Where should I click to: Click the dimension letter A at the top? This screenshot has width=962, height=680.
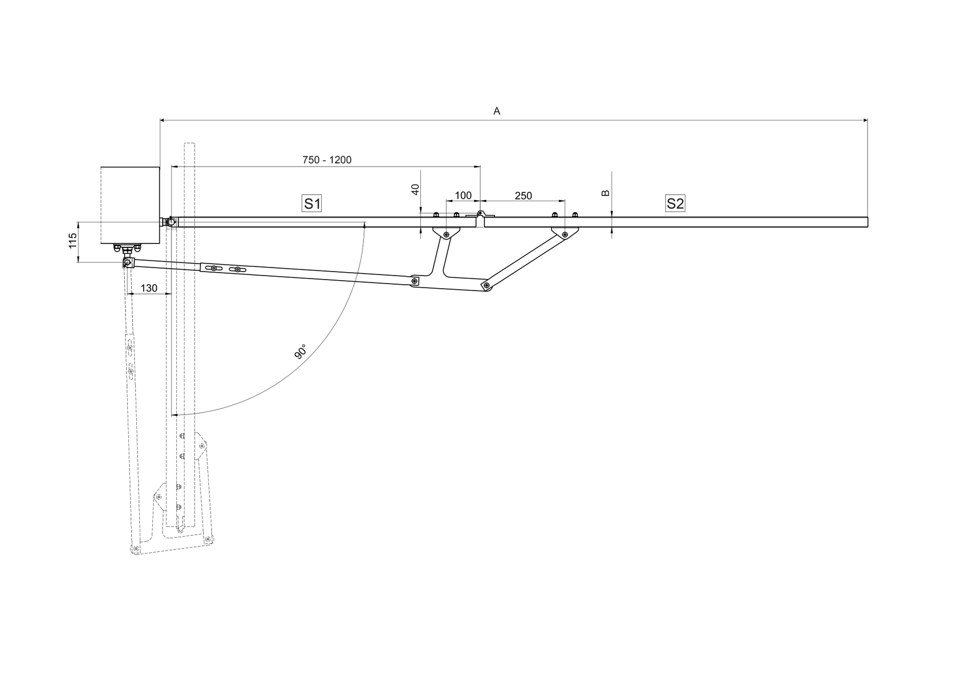point(496,111)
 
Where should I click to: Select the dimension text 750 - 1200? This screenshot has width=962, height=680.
point(327,160)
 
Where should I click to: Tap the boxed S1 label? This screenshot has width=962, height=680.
point(312,203)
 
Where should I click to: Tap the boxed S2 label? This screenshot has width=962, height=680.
point(675,203)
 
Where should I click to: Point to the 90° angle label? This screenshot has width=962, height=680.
point(301,351)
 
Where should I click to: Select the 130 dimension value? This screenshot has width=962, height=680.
point(148,288)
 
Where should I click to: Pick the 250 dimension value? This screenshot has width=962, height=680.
point(523,196)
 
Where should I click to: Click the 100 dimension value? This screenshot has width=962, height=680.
point(463,196)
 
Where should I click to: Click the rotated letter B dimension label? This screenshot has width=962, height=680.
point(606,194)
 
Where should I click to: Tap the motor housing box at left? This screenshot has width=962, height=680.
point(130,205)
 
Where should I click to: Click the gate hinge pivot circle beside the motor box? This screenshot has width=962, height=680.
point(171,221)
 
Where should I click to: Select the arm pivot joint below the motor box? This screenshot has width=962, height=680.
point(127,263)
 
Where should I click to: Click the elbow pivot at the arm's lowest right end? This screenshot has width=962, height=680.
point(486,285)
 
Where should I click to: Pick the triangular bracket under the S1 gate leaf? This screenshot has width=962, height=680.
point(445,233)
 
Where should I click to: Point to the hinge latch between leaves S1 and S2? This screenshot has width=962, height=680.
point(481,215)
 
